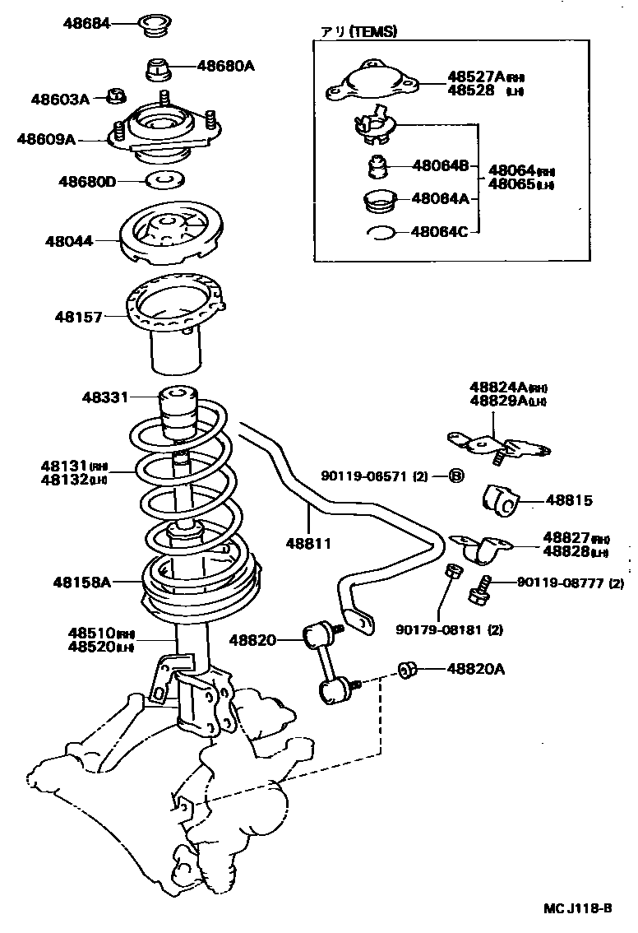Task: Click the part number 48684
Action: click(x=87, y=23)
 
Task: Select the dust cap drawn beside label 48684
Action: click(x=154, y=25)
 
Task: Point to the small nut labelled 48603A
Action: click(x=116, y=98)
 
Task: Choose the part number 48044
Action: click(x=69, y=242)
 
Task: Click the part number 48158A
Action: click(x=82, y=582)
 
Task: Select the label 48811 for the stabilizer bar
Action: click(x=309, y=543)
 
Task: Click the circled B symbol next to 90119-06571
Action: click(x=457, y=476)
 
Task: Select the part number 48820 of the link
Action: click(x=252, y=639)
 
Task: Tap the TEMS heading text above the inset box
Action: click(x=358, y=32)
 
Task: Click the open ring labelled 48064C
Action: click(x=381, y=233)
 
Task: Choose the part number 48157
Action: click(x=80, y=316)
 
